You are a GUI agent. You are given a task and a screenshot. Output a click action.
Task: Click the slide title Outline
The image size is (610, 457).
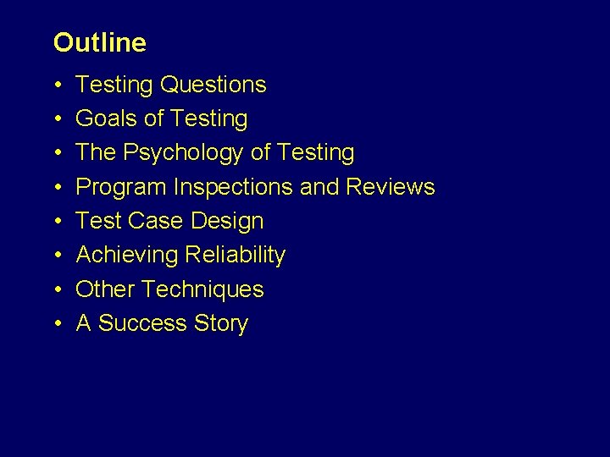99,42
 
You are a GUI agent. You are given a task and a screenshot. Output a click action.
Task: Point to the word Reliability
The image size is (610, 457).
235,255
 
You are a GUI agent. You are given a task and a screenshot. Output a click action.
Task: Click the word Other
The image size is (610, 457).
106,289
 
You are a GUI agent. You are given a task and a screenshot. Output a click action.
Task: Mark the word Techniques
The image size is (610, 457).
203,289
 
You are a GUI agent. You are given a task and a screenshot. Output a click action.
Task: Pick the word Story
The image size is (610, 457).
221,323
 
